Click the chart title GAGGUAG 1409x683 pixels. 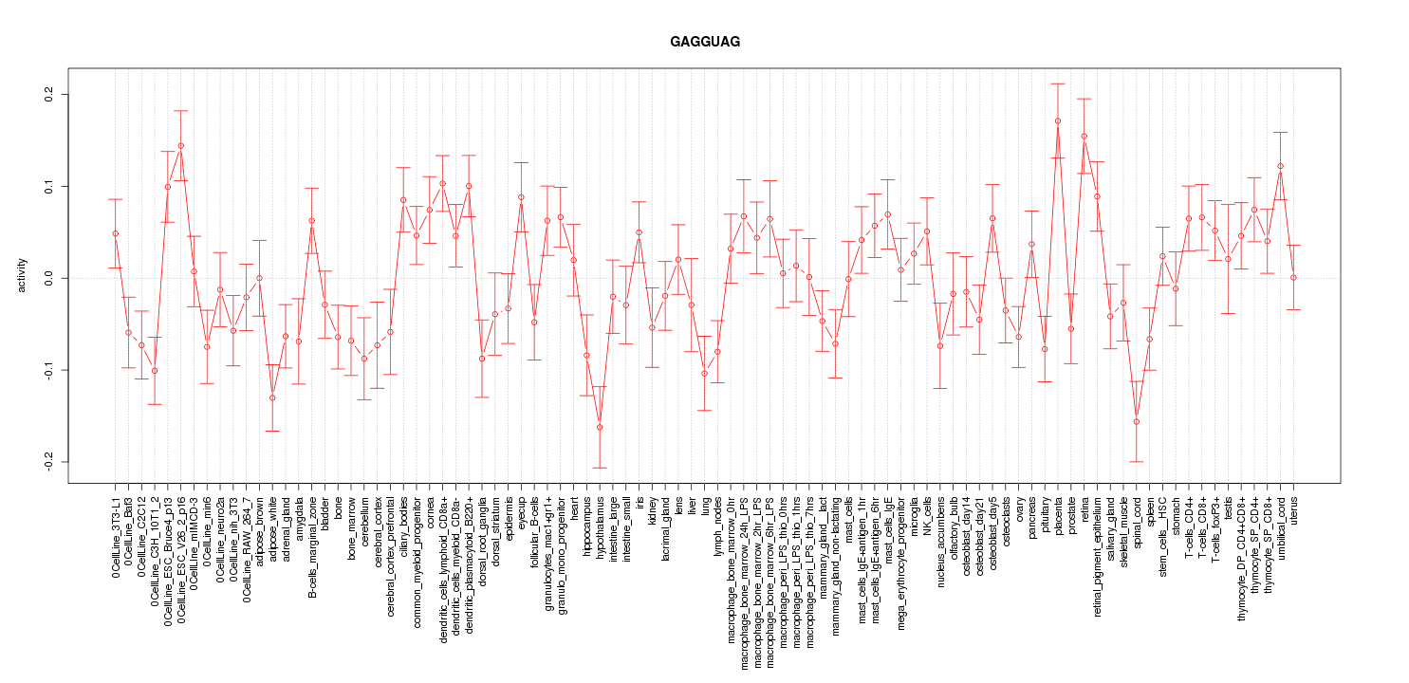(x=704, y=42)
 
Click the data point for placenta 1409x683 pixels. (x=1058, y=120)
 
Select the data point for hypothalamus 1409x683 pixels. (x=600, y=427)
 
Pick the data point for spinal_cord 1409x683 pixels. (x=1137, y=421)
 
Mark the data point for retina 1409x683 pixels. (x=1084, y=136)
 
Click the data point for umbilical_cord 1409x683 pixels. (x=1280, y=166)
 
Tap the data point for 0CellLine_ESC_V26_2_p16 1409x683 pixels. (x=180, y=146)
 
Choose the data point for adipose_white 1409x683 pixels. (x=272, y=397)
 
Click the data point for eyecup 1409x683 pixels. (x=521, y=197)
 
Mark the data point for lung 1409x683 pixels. (x=704, y=373)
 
